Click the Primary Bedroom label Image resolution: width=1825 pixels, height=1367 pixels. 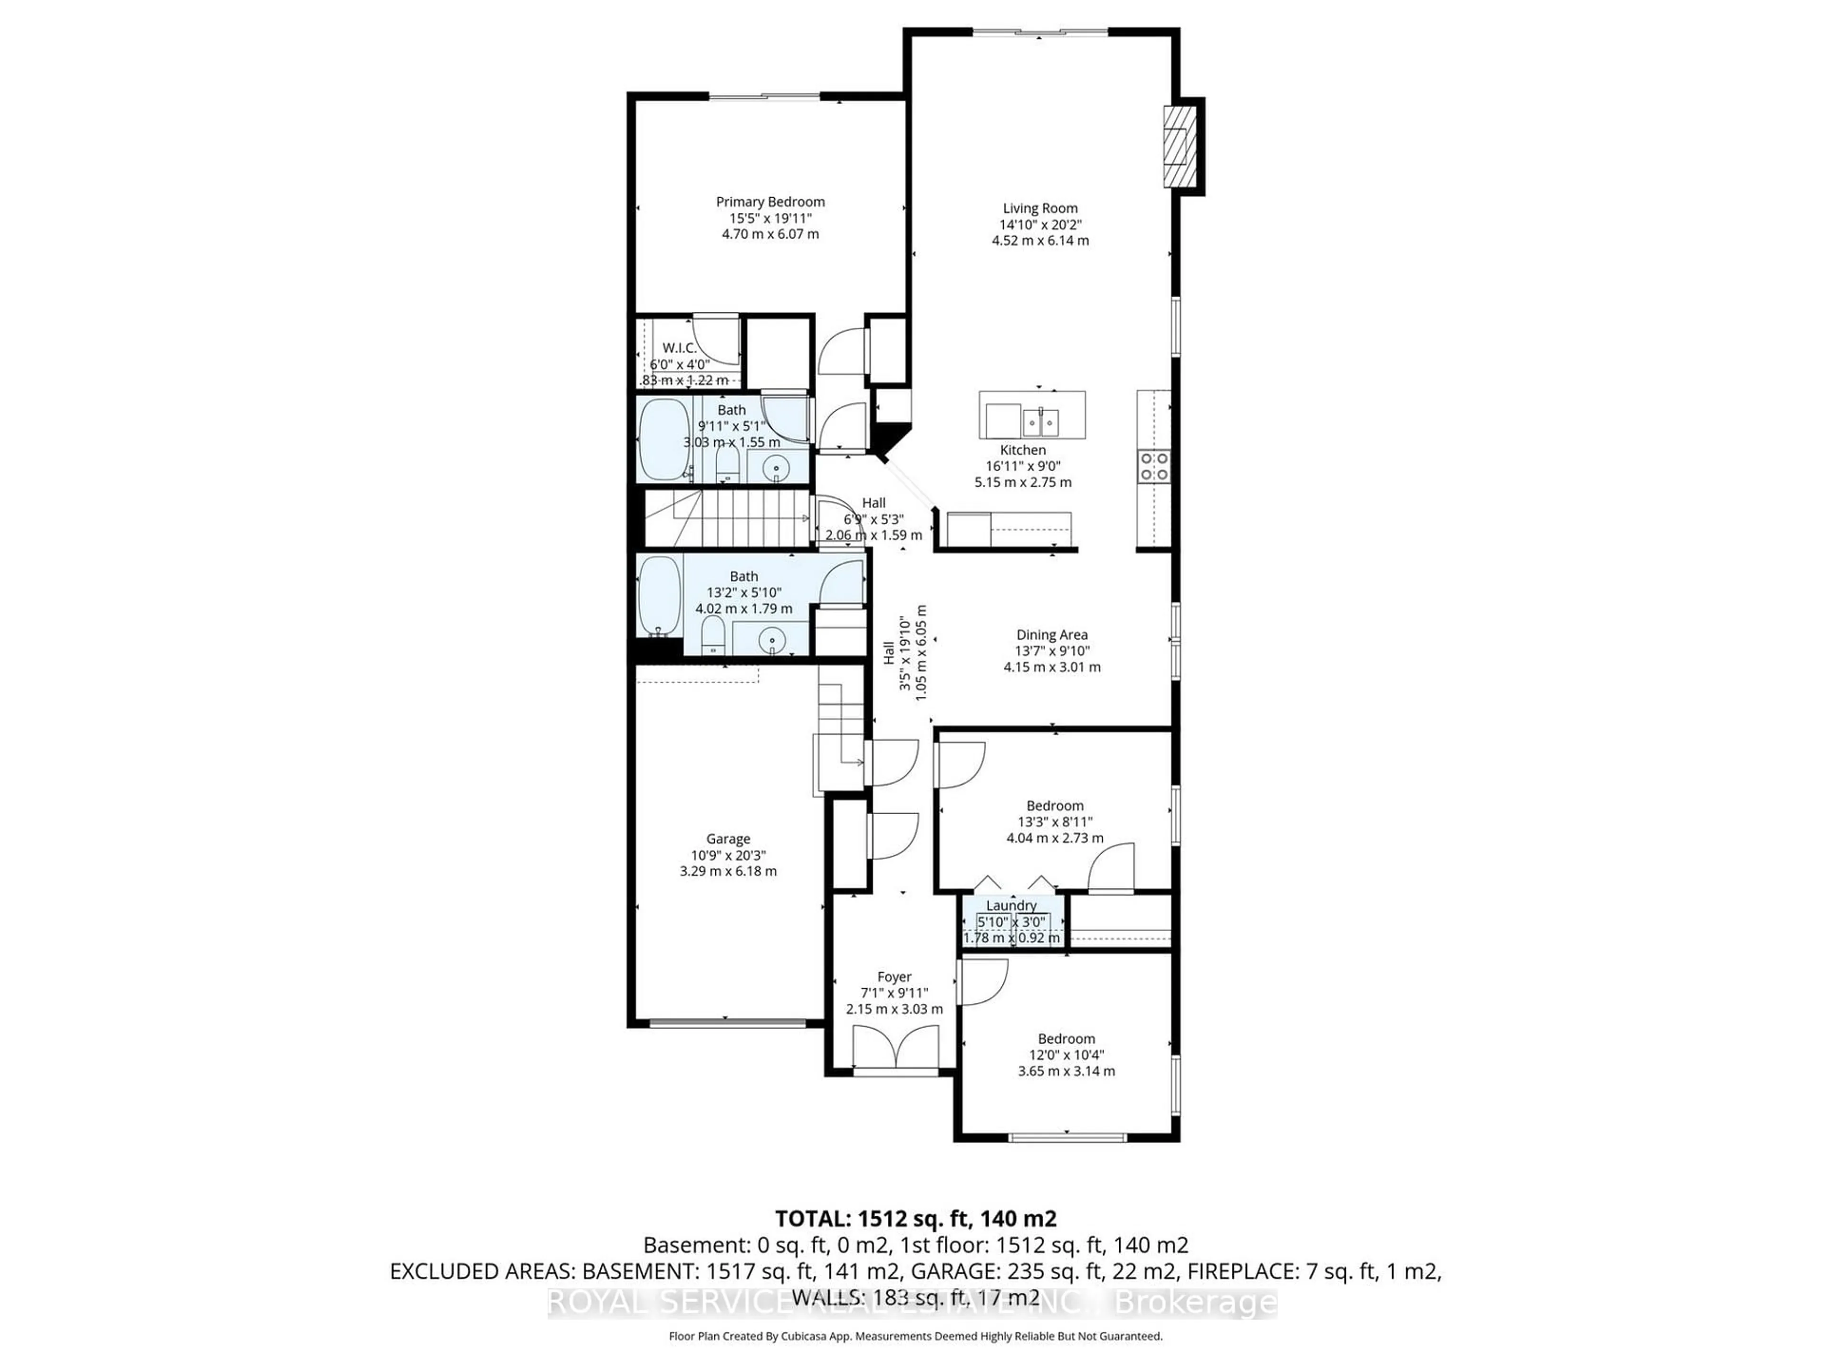tap(770, 202)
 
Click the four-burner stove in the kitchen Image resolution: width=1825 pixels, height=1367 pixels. tap(1153, 466)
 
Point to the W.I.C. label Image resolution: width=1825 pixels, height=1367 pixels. tap(679, 348)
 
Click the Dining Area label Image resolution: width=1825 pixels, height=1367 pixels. tap(1051, 635)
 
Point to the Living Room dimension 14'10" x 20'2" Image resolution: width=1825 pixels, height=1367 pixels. tap(1039, 224)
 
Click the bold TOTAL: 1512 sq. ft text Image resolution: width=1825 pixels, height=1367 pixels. tap(916, 1219)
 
